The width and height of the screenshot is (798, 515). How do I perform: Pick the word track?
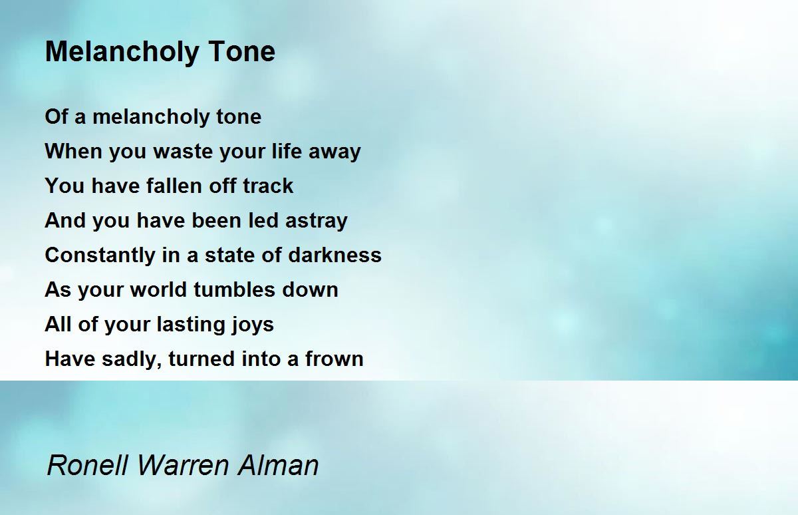pyautogui.click(x=267, y=186)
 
